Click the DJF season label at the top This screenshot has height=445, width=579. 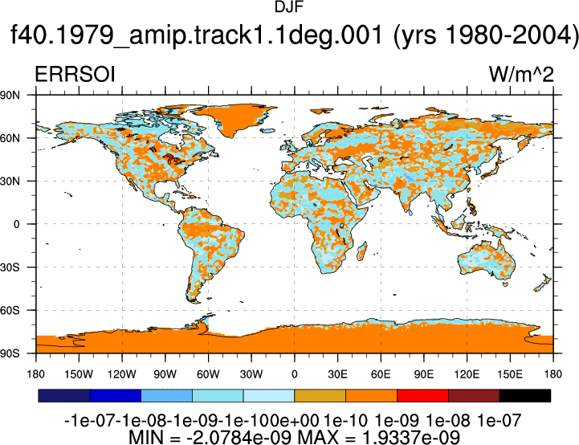pos(289,7)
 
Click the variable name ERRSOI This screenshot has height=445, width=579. pos(75,74)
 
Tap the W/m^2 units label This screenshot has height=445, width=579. pos(521,74)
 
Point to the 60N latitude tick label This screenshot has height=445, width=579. pos(10,138)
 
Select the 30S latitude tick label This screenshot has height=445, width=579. pos(10,267)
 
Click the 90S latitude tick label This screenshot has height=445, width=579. pos(10,353)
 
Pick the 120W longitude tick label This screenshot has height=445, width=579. pos(122,374)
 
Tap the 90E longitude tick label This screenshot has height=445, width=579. pos(423,374)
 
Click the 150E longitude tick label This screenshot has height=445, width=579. pos(510,374)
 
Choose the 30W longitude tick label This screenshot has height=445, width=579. pos(251,374)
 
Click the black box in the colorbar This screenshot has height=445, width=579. pos(524,395)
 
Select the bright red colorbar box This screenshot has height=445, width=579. pos(422,395)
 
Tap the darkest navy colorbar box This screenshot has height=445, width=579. pos(64,395)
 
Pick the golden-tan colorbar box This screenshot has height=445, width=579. pos(320,395)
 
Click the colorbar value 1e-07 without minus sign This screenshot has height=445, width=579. pos(499,421)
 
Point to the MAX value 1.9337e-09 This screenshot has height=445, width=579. pos(411,437)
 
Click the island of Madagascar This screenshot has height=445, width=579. pos(362,251)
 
